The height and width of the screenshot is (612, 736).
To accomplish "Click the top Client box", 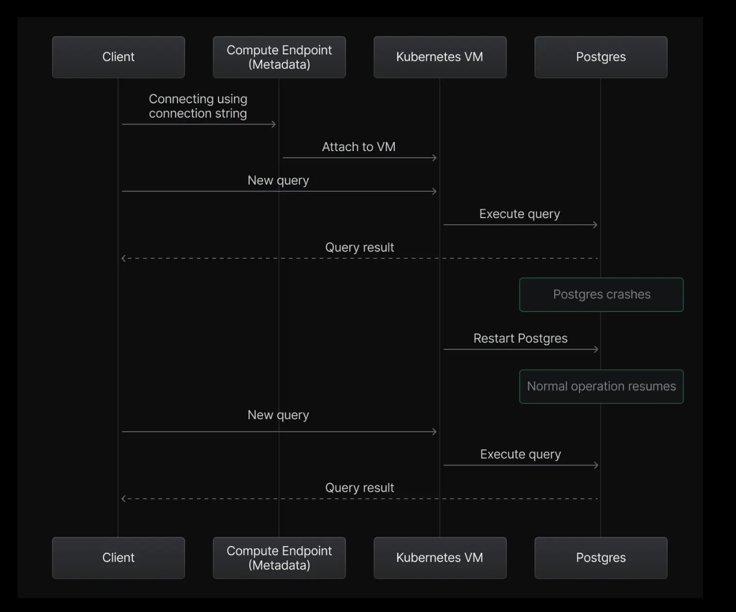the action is [119, 57].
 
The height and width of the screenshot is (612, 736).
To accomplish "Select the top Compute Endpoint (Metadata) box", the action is [279, 57].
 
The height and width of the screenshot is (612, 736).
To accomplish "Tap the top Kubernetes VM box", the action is [440, 57].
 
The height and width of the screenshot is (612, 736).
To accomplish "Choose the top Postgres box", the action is [601, 57].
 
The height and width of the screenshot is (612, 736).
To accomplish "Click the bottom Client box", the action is [119, 558].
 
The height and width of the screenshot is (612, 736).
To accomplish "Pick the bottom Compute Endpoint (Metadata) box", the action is [279, 558].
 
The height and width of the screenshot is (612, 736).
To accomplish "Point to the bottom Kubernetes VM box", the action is [440, 558].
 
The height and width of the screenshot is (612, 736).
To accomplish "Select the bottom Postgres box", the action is [601, 558].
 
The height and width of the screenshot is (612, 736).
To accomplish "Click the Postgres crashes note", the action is [601, 294].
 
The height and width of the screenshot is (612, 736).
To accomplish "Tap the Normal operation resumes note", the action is [601, 386].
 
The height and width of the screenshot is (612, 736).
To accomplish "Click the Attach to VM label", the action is [359, 147].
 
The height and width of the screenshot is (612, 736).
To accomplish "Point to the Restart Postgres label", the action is [520, 338].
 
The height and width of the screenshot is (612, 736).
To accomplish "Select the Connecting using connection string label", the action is [198, 106].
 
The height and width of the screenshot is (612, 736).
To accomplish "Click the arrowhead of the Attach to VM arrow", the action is [436, 158].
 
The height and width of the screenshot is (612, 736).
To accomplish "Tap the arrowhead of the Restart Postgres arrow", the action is [597, 349].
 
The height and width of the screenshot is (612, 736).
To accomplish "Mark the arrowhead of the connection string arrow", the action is [274, 124].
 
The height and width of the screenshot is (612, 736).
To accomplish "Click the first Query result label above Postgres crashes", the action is [360, 247].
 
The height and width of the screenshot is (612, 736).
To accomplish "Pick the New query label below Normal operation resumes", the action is [278, 415].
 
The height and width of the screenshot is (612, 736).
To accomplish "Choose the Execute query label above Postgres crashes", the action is [520, 214].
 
